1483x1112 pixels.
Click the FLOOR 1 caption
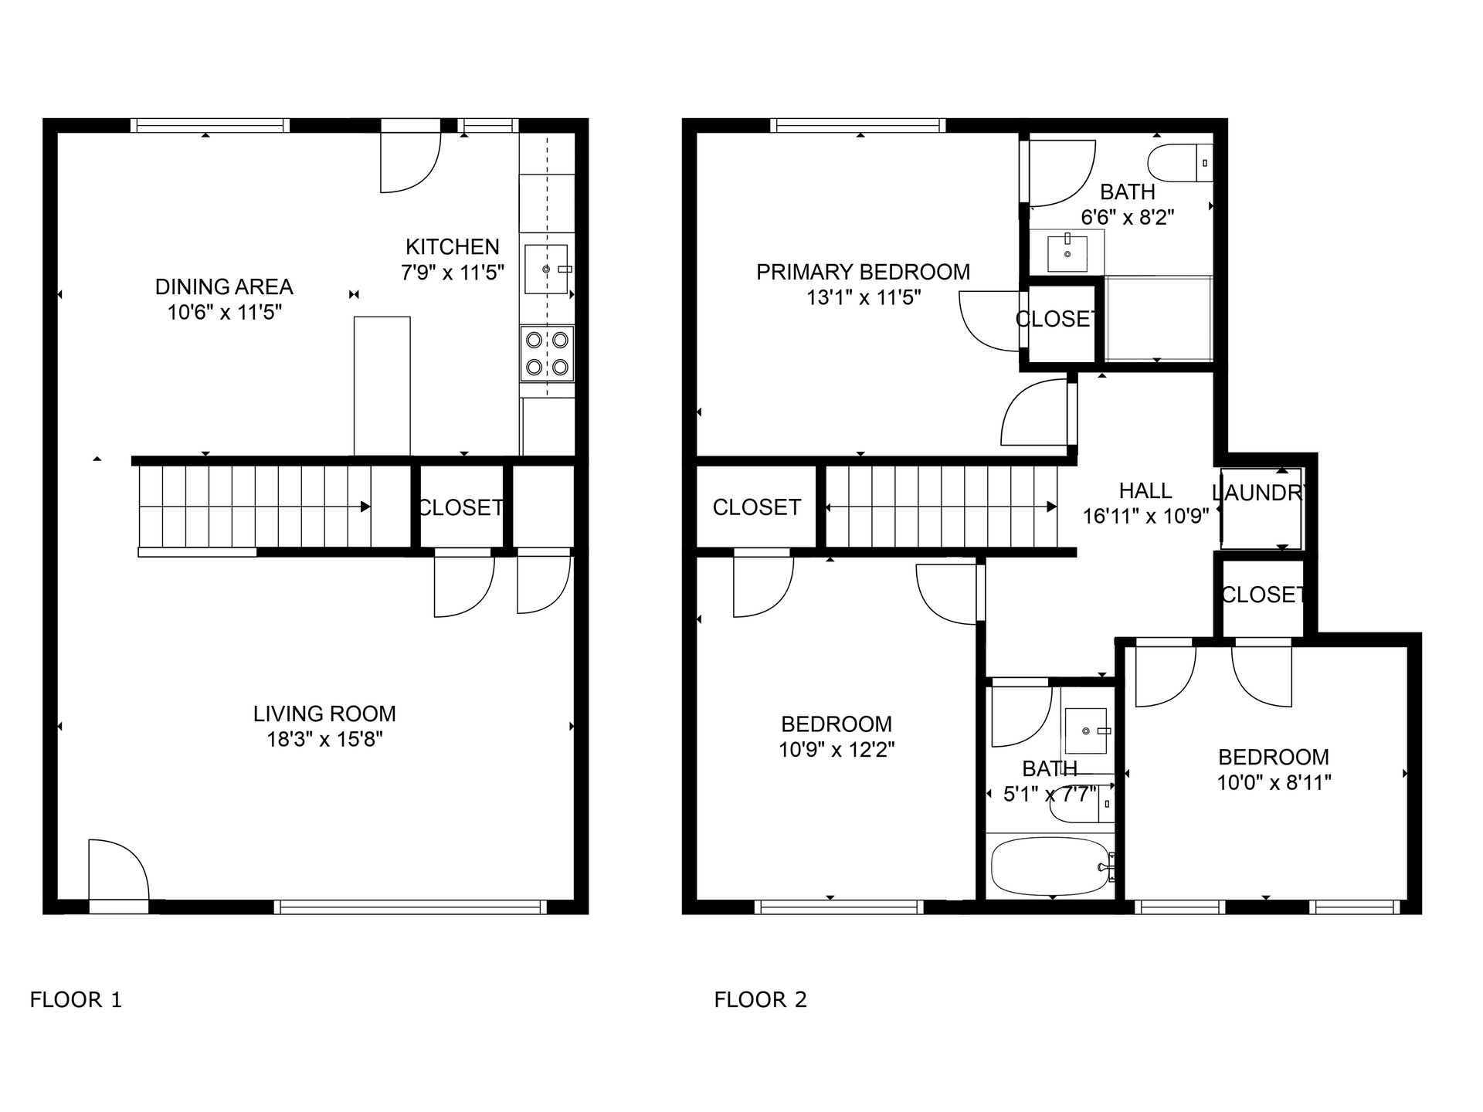pos(76,1000)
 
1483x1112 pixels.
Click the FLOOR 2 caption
pos(760,1000)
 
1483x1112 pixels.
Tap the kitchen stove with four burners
pos(547,354)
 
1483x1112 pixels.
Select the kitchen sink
pos(547,269)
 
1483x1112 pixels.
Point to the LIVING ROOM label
pos(324,714)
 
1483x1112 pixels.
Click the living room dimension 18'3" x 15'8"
pos(324,740)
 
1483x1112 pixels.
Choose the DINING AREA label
pos(224,287)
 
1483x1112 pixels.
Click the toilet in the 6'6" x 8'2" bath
pos(1179,163)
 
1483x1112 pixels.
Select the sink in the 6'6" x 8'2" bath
pos(1068,253)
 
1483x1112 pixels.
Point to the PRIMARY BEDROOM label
pos(863,273)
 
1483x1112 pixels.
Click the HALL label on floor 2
pos(1145,491)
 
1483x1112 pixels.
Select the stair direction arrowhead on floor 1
pos(365,507)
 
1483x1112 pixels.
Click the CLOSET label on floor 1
pos(461,507)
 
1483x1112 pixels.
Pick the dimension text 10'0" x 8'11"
pos(1274,783)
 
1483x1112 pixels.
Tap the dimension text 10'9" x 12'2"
pos(837,750)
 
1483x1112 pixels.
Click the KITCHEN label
pos(453,247)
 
